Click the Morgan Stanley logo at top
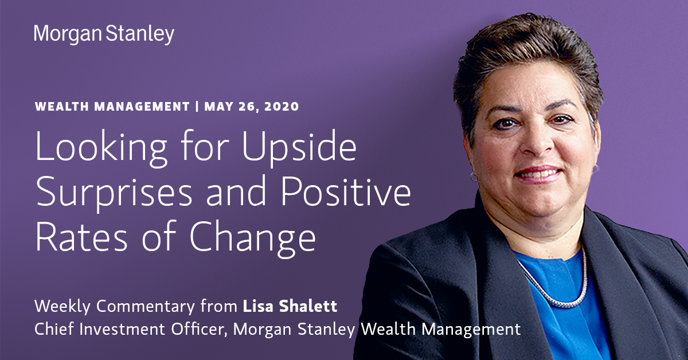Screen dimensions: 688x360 tap(104, 34)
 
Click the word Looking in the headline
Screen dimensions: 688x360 tap(101, 148)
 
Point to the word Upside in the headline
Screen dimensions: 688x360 tap(299, 148)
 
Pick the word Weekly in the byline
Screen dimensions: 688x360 tap(62, 307)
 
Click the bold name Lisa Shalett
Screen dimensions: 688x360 tap(290, 306)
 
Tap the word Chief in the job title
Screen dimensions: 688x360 tap(54, 329)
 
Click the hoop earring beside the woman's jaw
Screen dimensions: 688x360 tap(474, 177)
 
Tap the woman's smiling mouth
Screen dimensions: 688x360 tap(538, 174)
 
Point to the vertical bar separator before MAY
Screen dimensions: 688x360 tap(197, 107)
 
